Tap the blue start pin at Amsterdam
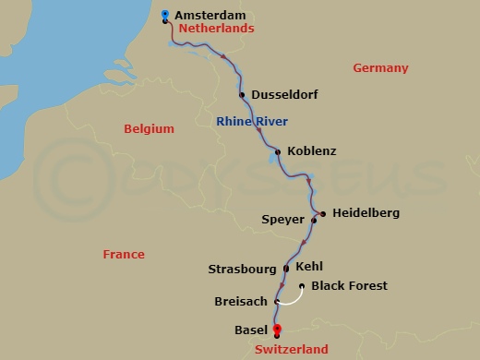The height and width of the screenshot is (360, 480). pyautogui.click(x=164, y=15)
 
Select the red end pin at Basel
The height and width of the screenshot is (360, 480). pyautogui.click(x=276, y=330)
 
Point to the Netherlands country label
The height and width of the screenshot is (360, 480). pyautogui.click(x=215, y=30)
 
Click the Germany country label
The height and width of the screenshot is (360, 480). pyautogui.click(x=381, y=67)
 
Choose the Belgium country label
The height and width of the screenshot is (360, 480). pyautogui.click(x=150, y=130)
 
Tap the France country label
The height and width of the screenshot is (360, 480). pyautogui.click(x=124, y=254)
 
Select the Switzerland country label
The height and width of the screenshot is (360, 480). pyautogui.click(x=290, y=350)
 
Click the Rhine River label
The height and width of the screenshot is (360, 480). pyautogui.click(x=252, y=122)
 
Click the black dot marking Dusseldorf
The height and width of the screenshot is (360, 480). pyautogui.click(x=242, y=94)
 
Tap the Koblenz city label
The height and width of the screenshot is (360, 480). pyautogui.click(x=312, y=151)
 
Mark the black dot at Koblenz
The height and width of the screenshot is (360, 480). pyautogui.click(x=277, y=151)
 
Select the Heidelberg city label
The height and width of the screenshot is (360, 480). pyautogui.click(x=366, y=213)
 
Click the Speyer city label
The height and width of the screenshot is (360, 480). pyautogui.click(x=283, y=221)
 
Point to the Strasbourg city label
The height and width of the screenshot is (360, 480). pyautogui.click(x=244, y=270)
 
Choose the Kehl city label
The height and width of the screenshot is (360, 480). pyautogui.click(x=310, y=266)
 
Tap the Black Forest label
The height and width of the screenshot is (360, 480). pyautogui.click(x=349, y=286)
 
